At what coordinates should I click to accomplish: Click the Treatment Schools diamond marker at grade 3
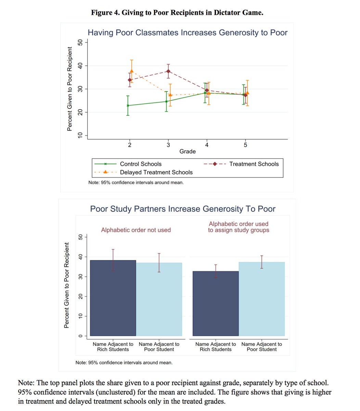[168, 71]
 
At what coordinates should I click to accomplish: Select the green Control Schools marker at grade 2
[128, 105]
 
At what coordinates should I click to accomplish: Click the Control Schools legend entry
[140, 164]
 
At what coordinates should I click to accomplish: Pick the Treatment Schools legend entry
[254, 164]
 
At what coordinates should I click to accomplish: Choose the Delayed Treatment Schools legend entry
[156, 172]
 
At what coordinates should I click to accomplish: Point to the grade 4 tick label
[207, 145]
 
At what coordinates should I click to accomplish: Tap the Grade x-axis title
[188, 151]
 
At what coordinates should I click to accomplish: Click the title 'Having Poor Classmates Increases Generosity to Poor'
[188, 33]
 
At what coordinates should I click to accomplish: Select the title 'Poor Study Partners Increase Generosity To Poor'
[183, 209]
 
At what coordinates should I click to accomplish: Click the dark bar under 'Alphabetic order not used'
[113, 298]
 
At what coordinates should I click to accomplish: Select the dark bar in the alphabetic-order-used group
[216, 303]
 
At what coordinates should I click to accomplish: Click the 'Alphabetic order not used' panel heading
[136, 230]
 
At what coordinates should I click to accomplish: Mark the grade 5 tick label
[245, 145]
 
